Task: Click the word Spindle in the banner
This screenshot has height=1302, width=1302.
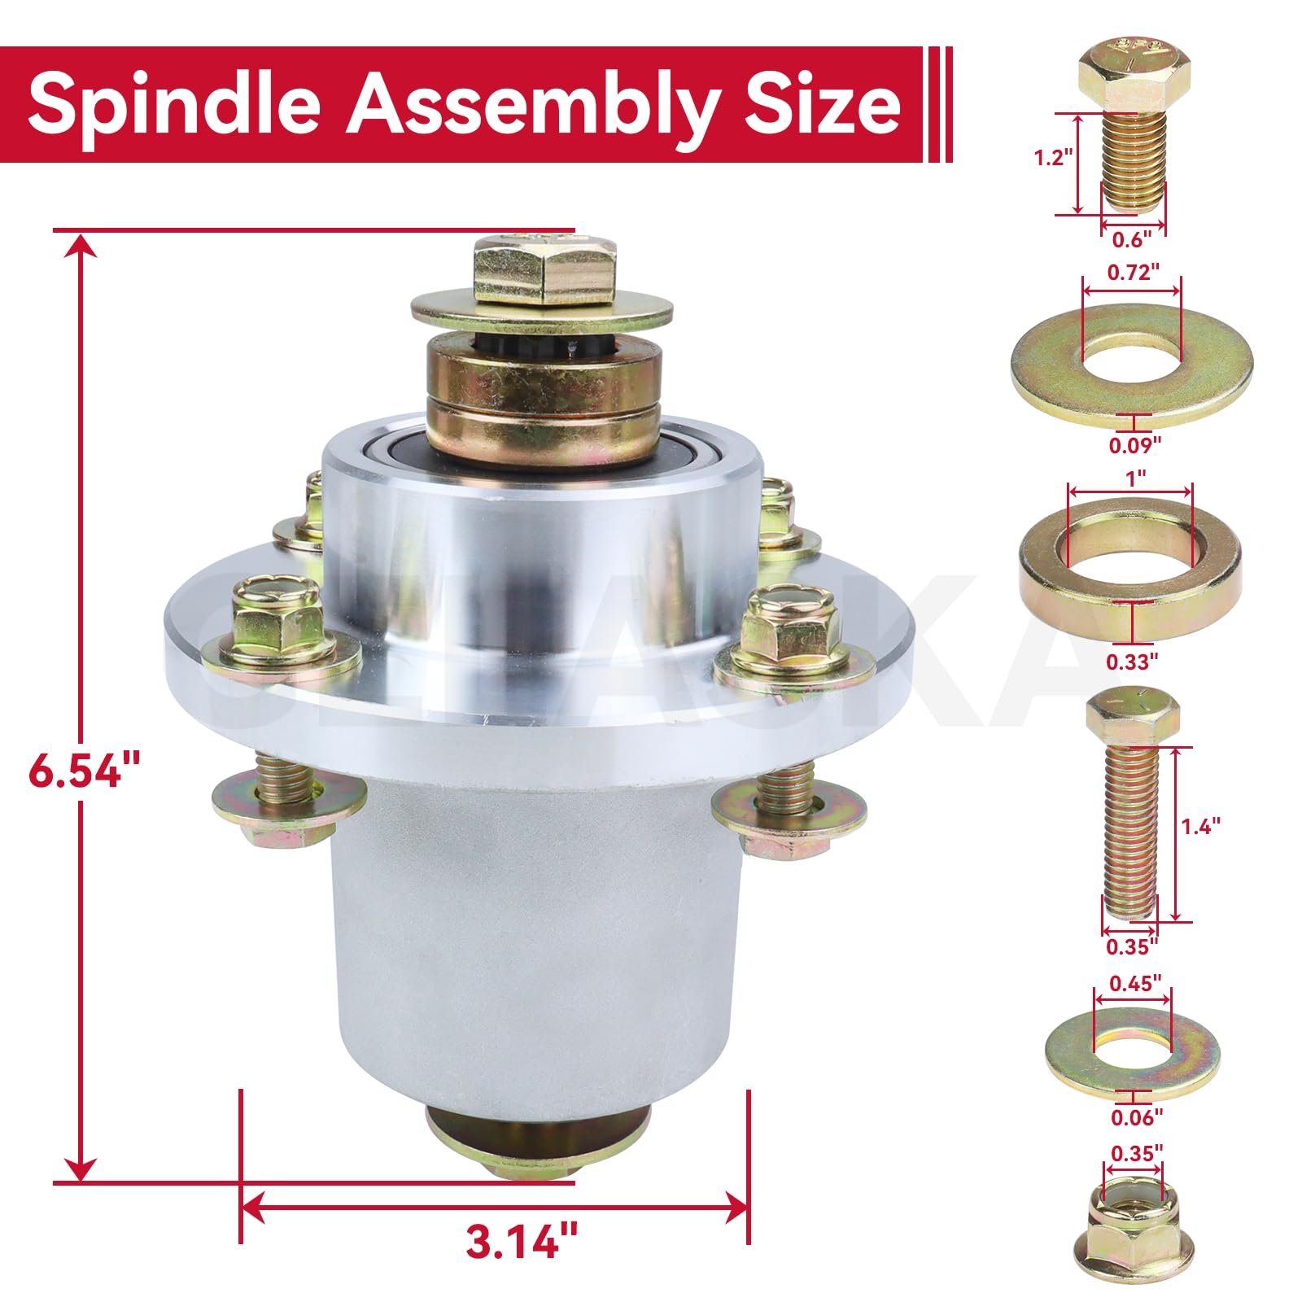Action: [174, 104]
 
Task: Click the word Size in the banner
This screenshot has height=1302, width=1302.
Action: [822, 104]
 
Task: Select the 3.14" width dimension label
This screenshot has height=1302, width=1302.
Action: [522, 1242]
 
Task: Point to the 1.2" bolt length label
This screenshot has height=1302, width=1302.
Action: [1053, 157]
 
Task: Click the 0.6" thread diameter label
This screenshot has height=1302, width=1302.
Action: [1132, 239]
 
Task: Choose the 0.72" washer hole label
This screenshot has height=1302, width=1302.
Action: [1133, 273]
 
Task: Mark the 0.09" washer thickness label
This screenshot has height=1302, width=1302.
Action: [1134, 445]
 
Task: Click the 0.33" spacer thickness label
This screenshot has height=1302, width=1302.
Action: [1131, 662]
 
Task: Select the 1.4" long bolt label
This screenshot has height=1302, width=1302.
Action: [1200, 826]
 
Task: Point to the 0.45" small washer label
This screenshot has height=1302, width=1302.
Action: [1135, 983]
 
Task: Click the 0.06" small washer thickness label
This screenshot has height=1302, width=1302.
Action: [1137, 1117]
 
